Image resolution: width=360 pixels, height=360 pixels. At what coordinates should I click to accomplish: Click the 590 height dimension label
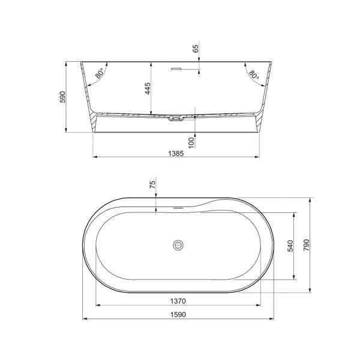coord(62,97)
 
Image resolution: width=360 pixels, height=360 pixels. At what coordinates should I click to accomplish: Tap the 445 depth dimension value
coord(148,88)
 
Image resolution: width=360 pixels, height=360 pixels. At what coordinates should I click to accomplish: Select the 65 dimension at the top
coord(196,49)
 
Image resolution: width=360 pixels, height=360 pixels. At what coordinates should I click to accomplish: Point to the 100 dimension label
coord(191,143)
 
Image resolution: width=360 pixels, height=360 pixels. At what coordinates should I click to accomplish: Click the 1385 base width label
coord(176,154)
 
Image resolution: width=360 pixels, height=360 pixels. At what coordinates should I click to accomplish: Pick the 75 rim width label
coord(152,184)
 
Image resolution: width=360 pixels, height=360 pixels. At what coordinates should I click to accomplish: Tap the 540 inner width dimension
coord(290,246)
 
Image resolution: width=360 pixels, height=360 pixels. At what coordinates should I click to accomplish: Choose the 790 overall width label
coord(306,245)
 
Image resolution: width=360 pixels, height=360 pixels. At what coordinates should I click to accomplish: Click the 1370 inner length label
coord(178,301)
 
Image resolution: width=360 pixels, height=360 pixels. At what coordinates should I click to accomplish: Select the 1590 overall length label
coord(178,314)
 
